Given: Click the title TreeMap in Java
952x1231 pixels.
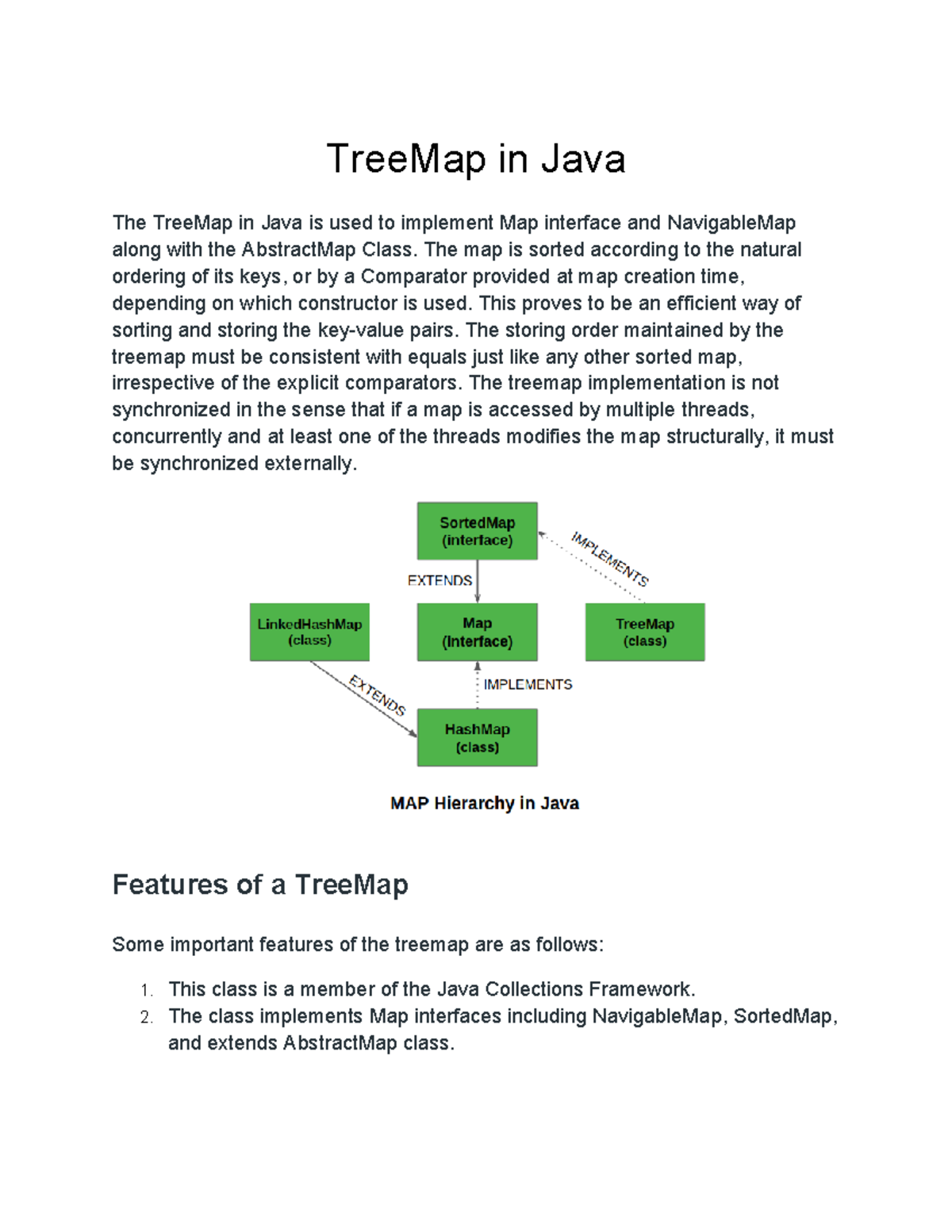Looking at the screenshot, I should click(476, 159).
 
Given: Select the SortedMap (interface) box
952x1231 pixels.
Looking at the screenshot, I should click(477, 531).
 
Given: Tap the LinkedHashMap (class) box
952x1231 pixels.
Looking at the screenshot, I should click(309, 632).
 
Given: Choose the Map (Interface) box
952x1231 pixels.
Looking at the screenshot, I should click(477, 633).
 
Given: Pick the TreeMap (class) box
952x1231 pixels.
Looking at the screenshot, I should click(645, 633).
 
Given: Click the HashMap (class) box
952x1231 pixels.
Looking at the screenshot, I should click(477, 738).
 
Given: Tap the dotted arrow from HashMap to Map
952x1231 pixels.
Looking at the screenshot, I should click(478, 686).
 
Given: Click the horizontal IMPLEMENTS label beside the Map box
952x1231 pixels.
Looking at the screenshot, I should click(528, 684).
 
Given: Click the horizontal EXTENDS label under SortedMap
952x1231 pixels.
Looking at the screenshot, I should click(440, 581).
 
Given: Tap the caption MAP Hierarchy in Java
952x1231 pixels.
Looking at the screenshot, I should click(484, 804).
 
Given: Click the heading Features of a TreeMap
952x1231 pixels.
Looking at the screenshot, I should click(260, 885).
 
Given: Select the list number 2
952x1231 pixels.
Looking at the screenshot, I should click(146, 1018).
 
